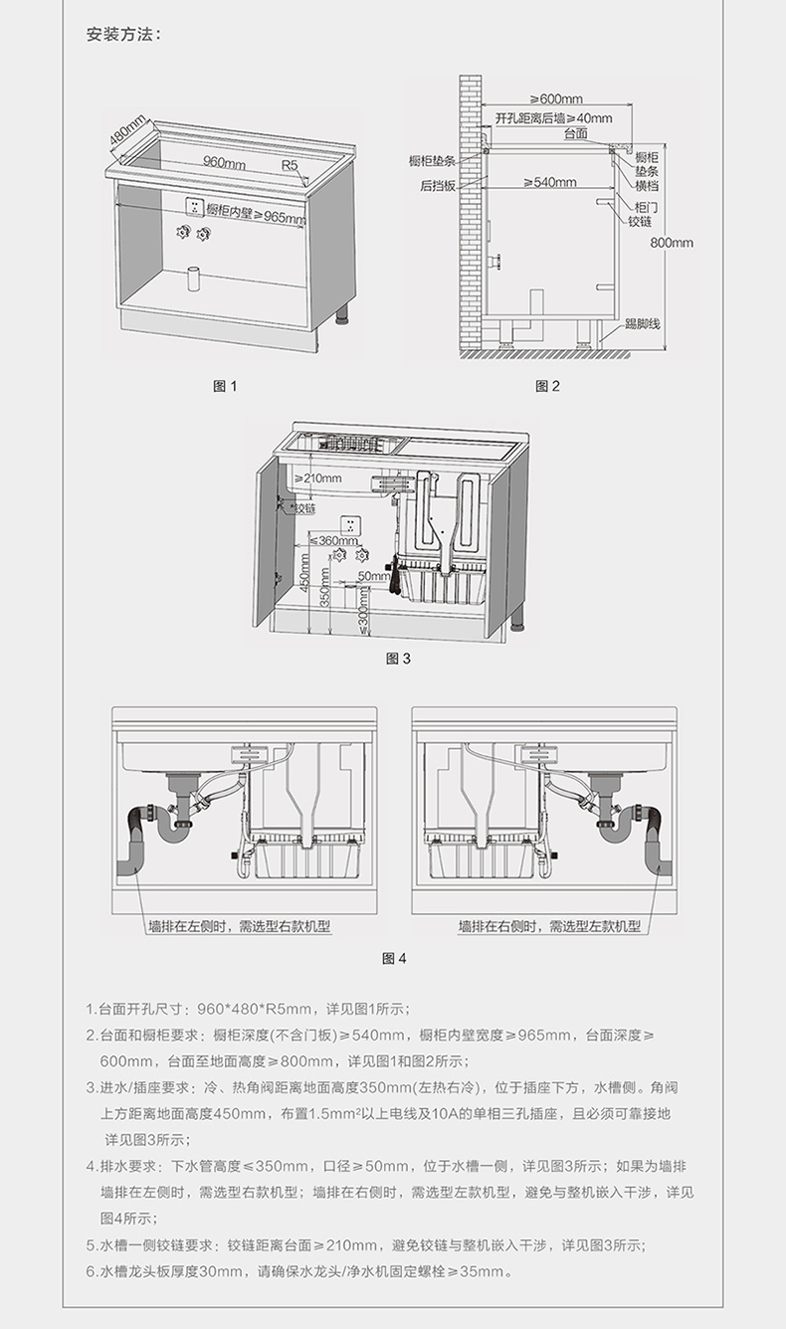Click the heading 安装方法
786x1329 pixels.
click(122, 35)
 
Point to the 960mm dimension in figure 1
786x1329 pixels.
click(225, 161)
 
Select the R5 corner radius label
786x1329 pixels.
click(290, 164)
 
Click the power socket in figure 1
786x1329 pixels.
click(195, 207)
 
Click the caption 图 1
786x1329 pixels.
click(227, 387)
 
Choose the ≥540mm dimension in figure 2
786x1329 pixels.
click(550, 182)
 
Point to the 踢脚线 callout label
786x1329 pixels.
click(643, 324)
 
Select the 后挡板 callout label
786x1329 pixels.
click(437, 185)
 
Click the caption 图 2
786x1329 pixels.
click(548, 387)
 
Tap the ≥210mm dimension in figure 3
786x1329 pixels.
click(319, 478)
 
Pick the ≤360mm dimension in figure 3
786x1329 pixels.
click(332, 541)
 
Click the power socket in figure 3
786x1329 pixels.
click(352, 525)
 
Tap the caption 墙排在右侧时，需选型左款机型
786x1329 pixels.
click(549, 926)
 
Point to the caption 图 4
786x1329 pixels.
click(395, 959)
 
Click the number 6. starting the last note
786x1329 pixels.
click(91, 1271)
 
